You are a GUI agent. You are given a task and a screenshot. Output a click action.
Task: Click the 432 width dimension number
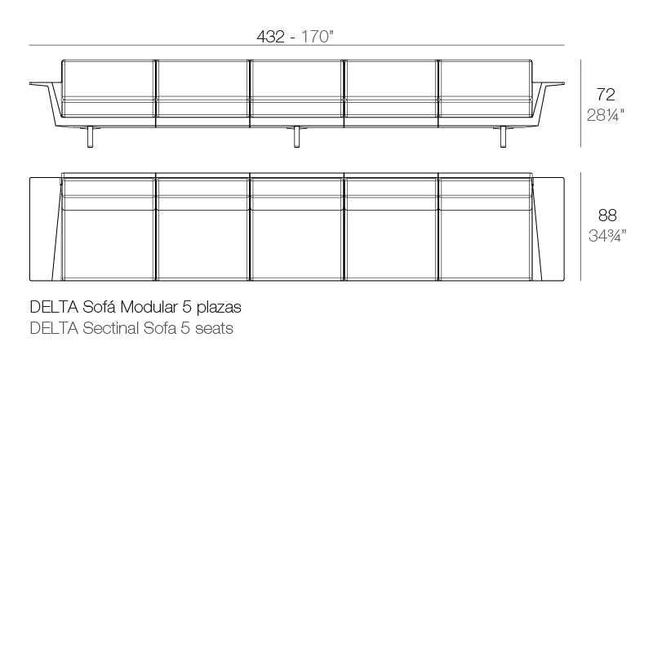click(x=271, y=37)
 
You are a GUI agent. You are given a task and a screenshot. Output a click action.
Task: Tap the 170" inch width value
click(x=319, y=37)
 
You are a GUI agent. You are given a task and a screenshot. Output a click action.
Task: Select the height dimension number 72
click(x=606, y=94)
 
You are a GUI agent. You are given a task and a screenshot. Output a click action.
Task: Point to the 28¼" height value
click(x=606, y=115)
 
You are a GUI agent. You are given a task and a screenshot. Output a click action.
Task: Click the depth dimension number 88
click(x=606, y=215)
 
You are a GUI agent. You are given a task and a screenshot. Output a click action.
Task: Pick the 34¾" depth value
click(x=606, y=237)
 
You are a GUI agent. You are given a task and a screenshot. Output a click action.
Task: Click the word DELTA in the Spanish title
click(x=54, y=308)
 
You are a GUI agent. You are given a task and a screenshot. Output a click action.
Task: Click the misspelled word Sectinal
click(x=111, y=328)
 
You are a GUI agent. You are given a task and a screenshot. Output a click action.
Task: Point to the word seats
click(x=213, y=328)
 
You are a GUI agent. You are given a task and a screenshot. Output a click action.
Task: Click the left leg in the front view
click(x=91, y=138)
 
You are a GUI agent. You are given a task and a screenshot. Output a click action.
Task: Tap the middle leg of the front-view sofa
click(x=297, y=138)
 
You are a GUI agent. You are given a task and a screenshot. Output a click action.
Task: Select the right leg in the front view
click(x=504, y=138)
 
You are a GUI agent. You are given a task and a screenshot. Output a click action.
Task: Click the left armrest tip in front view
click(x=38, y=83)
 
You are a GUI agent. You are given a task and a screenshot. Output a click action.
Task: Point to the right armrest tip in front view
click(x=557, y=83)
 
